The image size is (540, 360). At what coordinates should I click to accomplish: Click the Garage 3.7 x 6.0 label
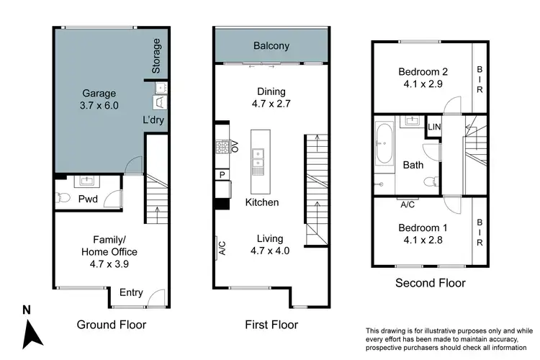point(99,99)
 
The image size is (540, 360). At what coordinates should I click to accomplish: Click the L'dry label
point(154,120)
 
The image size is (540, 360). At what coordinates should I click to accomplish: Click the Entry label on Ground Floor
point(131,292)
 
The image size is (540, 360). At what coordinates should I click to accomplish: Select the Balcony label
point(271,46)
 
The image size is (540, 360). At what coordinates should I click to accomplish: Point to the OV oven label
point(235,148)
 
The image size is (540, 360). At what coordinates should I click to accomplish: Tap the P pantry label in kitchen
point(222,174)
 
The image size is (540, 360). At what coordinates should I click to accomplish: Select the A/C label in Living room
point(222,248)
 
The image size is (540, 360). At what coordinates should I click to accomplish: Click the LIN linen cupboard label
point(434,127)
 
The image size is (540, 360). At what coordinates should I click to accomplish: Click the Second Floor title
point(431,283)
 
